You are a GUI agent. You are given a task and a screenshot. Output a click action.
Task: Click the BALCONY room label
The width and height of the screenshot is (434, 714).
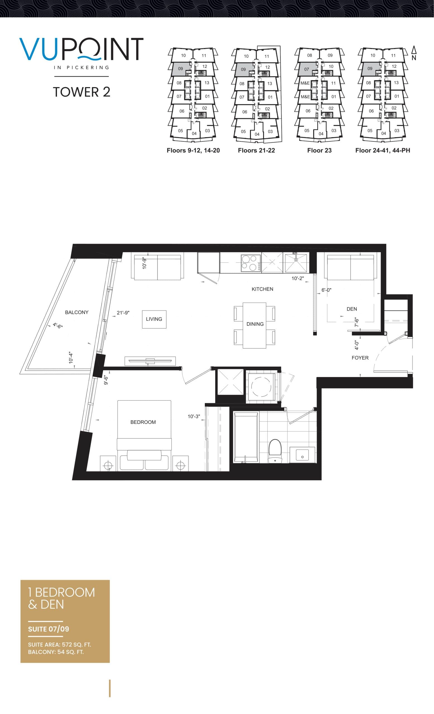point(76,312)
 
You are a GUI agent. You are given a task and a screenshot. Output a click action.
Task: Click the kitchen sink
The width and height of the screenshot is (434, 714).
point(296,262)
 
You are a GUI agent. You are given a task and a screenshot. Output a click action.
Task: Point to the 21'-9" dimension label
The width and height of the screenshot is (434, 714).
point(123,313)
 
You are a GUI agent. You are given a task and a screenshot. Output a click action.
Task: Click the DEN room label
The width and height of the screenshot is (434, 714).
point(351,309)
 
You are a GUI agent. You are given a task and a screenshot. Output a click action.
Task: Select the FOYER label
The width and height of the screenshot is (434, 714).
point(360,358)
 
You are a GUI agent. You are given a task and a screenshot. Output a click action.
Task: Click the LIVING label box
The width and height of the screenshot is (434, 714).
point(154,319)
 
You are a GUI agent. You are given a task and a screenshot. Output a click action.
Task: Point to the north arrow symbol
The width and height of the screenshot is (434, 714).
point(414,53)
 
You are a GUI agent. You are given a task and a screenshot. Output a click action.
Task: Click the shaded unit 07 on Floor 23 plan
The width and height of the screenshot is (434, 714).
point(307,69)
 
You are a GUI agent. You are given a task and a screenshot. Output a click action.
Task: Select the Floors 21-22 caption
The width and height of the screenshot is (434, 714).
point(256,150)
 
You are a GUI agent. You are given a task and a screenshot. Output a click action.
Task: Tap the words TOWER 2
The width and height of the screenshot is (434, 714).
point(81,92)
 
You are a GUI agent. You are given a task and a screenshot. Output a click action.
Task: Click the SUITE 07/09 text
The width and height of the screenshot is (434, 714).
point(48,629)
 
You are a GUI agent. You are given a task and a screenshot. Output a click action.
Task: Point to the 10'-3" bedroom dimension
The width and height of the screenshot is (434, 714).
point(194,416)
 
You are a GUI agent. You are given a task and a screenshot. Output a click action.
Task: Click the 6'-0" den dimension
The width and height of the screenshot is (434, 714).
point(326,290)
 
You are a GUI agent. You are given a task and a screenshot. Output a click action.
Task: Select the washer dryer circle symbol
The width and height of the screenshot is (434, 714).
point(261,387)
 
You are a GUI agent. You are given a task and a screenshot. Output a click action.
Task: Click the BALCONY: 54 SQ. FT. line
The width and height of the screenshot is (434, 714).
point(56,652)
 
